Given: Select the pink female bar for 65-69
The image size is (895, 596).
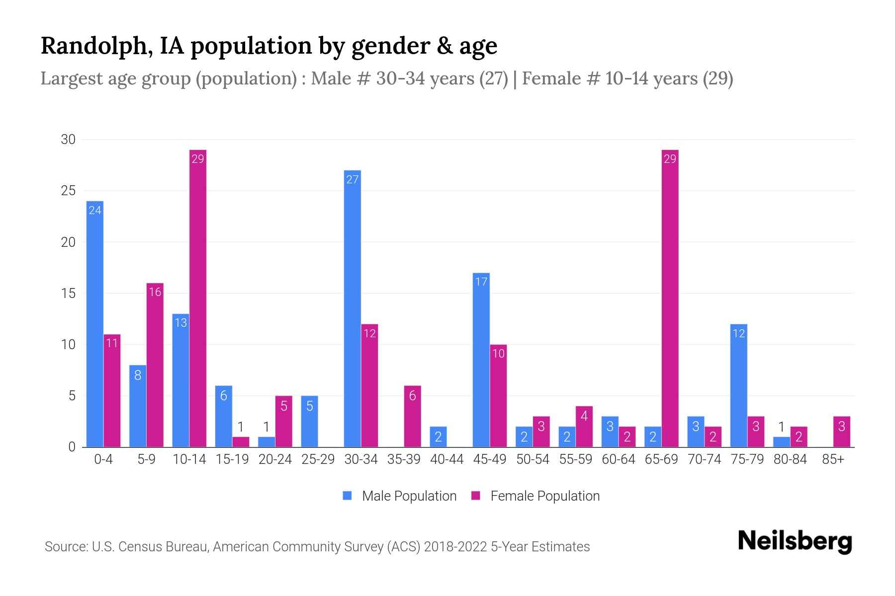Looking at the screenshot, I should pos(670,298).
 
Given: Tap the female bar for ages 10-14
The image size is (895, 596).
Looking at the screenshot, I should pos(198,298).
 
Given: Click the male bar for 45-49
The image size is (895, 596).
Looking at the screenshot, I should pos(481,360).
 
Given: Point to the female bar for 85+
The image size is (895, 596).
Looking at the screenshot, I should pos(842,432).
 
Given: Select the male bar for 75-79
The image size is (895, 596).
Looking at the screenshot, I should pos(739,385).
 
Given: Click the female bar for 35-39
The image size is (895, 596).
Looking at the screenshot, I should pos(412,416).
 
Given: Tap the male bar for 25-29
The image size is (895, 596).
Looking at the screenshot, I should pos(309,421).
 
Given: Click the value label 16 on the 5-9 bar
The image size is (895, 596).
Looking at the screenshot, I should pos(155,292).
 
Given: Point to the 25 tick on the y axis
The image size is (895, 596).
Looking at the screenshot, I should pos(68,191).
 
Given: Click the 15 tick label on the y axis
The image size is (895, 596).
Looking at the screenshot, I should pos(68,294).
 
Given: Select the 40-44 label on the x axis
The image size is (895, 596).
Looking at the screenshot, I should pos(447,459).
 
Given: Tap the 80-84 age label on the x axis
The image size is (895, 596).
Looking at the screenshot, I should pos(790,459).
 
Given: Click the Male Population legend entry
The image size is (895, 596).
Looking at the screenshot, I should pos(400,496).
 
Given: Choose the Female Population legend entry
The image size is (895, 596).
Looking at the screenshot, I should pos(536,496).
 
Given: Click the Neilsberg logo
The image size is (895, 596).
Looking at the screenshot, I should pos(795,541).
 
